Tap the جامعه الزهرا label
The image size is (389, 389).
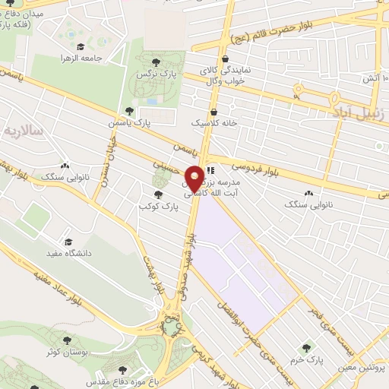coord(84,57)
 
